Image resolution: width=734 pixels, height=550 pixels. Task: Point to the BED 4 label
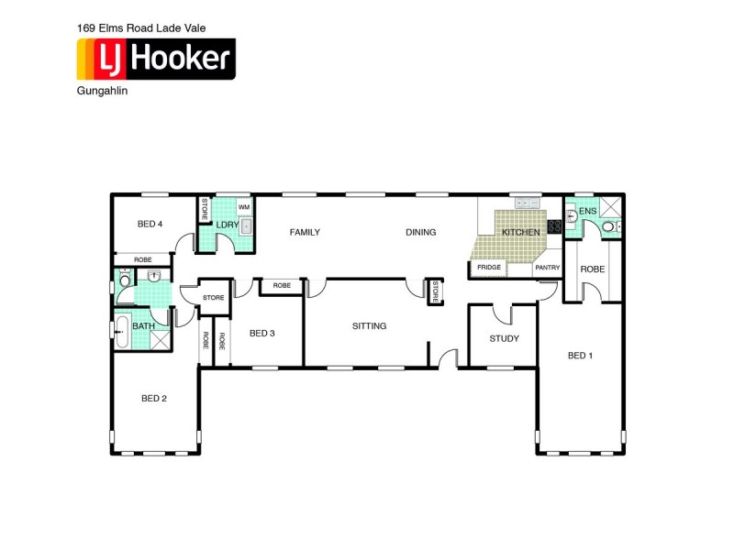(x=150, y=224)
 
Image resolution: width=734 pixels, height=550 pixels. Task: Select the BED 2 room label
(x=154, y=399)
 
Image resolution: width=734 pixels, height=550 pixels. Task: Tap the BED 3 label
(x=261, y=333)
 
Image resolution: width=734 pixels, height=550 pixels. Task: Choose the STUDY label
(x=504, y=338)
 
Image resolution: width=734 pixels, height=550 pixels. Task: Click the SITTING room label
(x=369, y=325)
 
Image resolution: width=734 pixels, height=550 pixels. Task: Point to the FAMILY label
(x=305, y=232)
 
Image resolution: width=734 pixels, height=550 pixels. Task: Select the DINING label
(x=421, y=232)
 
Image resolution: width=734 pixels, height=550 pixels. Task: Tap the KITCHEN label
(x=520, y=233)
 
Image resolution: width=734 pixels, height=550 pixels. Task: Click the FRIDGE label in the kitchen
(x=488, y=268)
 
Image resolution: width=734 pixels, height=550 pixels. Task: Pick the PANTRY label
(x=548, y=268)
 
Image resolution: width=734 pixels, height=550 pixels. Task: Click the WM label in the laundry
(x=244, y=208)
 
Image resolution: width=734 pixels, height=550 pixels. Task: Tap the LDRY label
(x=227, y=225)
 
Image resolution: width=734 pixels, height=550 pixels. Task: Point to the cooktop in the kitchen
(x=554, y=226)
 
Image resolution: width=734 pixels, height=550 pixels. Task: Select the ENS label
(x=588, y=211)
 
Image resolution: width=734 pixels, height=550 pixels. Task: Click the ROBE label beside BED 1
(x=592, y=269)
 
